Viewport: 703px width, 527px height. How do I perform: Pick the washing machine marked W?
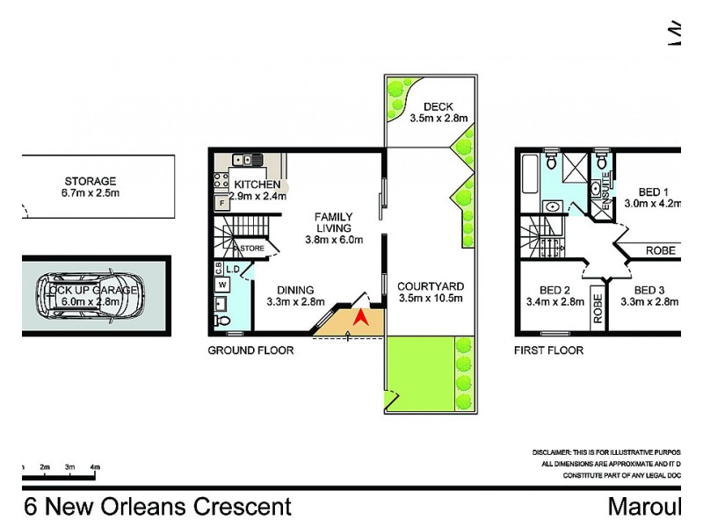[221, 284]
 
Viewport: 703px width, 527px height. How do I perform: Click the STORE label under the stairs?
[252, 249]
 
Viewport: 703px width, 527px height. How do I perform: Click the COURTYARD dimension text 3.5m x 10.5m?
[430, 299]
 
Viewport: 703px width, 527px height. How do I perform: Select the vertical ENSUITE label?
[606, 187]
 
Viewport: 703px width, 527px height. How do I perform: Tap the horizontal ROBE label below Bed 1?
[661, 250]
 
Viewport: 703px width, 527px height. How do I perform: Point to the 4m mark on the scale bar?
[95, 466]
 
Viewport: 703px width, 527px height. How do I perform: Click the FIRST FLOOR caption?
[547, 350]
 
